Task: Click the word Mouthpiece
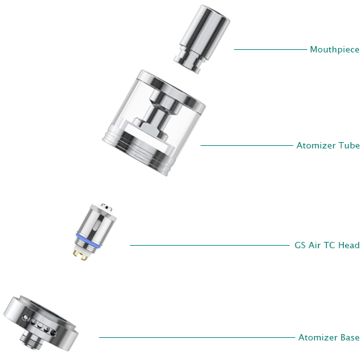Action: (334, 49)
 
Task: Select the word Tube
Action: (349, 145)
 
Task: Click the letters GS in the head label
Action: (300, 245)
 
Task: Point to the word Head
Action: (349, 245)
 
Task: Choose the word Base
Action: (350, 337)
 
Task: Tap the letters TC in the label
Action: (329, 245)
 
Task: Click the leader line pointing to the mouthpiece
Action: (271, 49)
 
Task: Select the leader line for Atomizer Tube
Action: (247, 145)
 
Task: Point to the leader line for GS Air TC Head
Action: (209, 245)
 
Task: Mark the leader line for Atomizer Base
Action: (197, 337)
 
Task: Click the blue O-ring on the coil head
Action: (88, 241)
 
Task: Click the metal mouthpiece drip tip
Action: (202, 39)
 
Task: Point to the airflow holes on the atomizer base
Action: (39, 325)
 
